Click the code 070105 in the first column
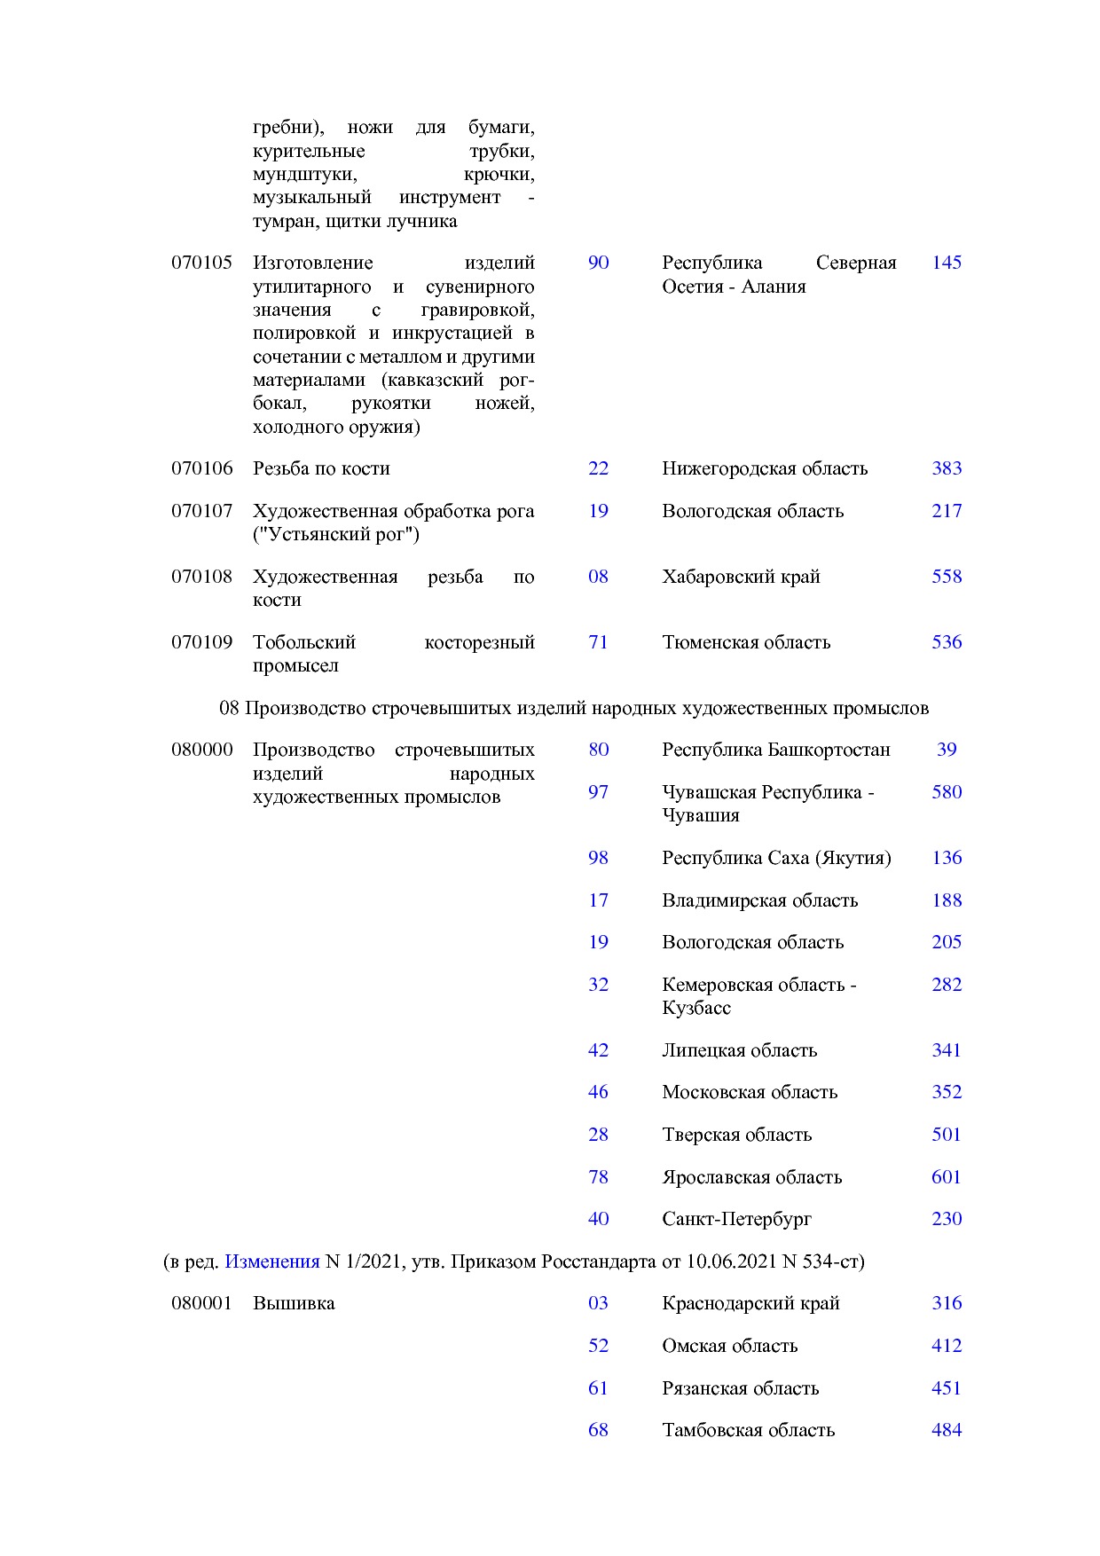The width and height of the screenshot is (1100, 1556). [201, 263]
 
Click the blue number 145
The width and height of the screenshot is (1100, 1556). [947, 263]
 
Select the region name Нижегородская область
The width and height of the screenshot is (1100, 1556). [764, 468]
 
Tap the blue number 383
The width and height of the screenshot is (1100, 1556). [947, 468]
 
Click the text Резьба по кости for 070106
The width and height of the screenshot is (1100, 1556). [321, 468]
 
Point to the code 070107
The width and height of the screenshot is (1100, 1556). [201, 511]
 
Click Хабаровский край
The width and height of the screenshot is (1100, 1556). [741, 577]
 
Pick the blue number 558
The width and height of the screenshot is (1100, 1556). [947, 577]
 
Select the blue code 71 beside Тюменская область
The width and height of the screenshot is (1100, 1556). [598, 642]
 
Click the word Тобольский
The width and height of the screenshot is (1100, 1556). [304, 642]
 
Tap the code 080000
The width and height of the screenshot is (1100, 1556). [201, 750]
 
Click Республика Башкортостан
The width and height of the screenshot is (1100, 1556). [775, 750]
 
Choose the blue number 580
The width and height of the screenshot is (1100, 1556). [947, 792]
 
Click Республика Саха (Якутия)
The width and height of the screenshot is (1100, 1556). [776, 858]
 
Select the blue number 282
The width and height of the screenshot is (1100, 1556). [947, 985]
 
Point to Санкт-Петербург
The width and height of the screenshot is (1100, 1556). [736, 1219]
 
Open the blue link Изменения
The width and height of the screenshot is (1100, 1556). [271, 1261]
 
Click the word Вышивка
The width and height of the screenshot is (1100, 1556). [294, 1303]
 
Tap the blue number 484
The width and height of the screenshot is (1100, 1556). [947, 1430]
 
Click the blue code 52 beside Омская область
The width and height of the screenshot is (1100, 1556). [598, 1346]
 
